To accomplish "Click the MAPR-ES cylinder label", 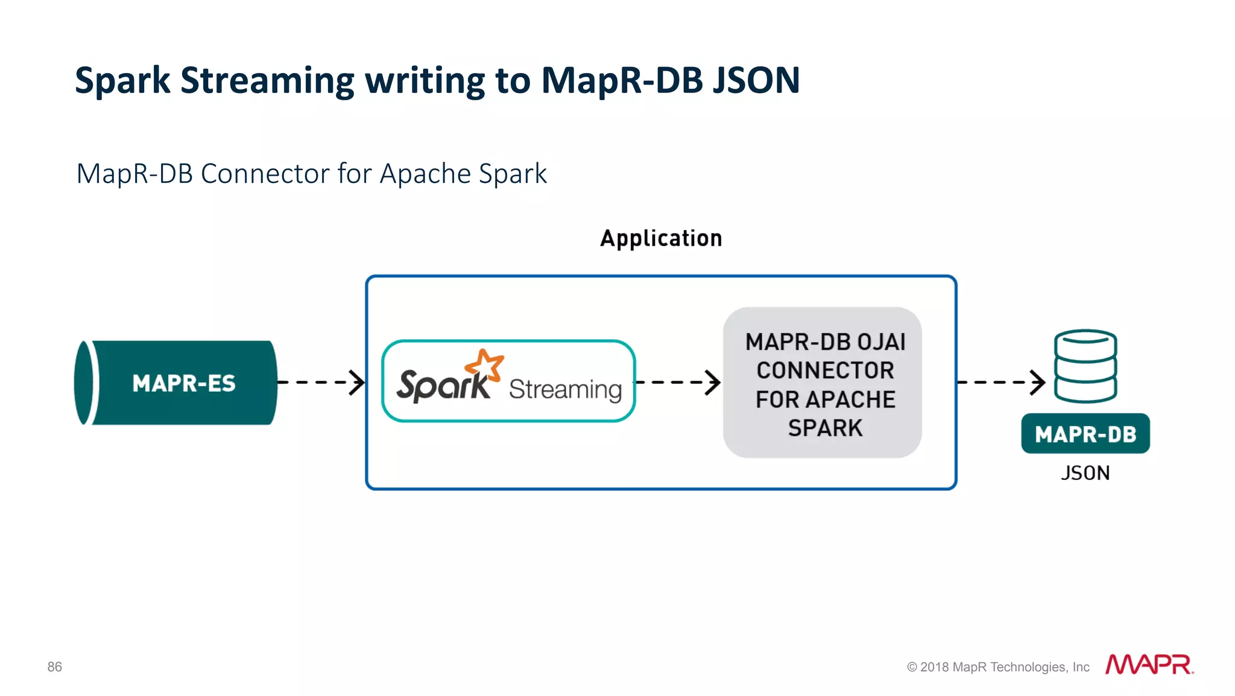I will (x=183, y=383).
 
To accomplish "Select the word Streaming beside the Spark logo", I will (x=565, y=389).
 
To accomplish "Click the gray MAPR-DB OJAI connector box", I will (x=822, y=383).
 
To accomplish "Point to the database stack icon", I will (x=1085, y=366).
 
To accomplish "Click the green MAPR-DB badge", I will (x=1085, y=434).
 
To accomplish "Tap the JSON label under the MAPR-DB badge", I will (x=1085, y=473).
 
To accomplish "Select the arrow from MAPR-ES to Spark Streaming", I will (x=321, y=382).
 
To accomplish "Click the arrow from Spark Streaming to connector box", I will (x=678, y=382).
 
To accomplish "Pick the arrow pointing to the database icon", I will (x=1001, y=382).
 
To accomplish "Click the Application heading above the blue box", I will (x=661, y=238).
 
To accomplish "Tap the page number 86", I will (x=54, y=666).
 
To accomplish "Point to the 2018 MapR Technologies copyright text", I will (x=998, y=667).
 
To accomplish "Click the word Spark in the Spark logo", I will (x=443, y=385).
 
